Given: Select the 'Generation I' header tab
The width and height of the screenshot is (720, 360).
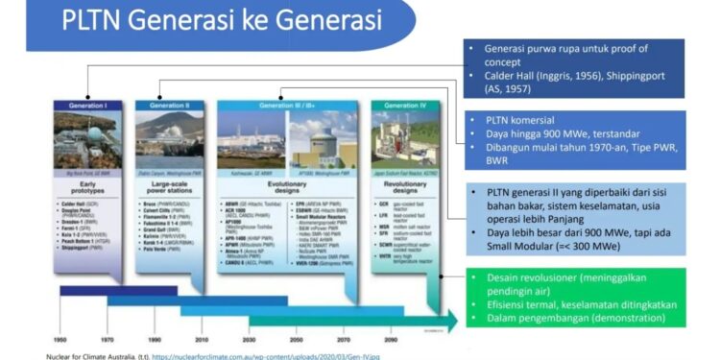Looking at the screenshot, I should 89,104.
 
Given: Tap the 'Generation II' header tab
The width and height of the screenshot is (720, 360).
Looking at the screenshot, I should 169,104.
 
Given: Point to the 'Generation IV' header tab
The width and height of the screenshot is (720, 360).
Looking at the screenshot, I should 402,104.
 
